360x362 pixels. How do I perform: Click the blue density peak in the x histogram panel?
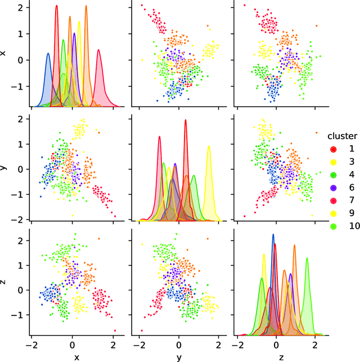[48, 54]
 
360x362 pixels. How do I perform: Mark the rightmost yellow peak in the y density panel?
[209, 146]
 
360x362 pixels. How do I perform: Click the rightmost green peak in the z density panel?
[307, 258]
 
